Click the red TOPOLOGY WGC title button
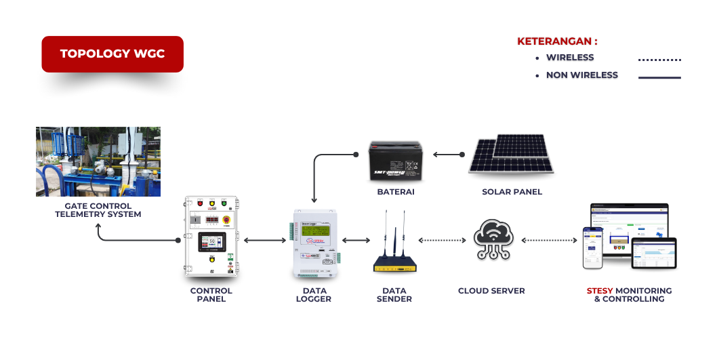pyautogui.click(x=112, y=54)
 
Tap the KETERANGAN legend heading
pyautogui.click(x=557, y=41)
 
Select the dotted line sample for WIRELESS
pyautogui.click(x=659, y=60)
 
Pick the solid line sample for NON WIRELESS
pyautogui.click(x=659, y=77)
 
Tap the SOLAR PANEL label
pyautogui.click(x=512, y=192)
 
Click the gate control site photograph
pyautogui.click(x=98, y=161)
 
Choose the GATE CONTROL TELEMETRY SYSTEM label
pyautogui.click(x=98, y=210)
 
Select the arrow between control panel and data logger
pyautogui.click(x=264, y=240)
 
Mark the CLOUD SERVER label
pyautogui.click(x=491, y=291)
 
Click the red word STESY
pyautogui.click(x=599, y=291)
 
